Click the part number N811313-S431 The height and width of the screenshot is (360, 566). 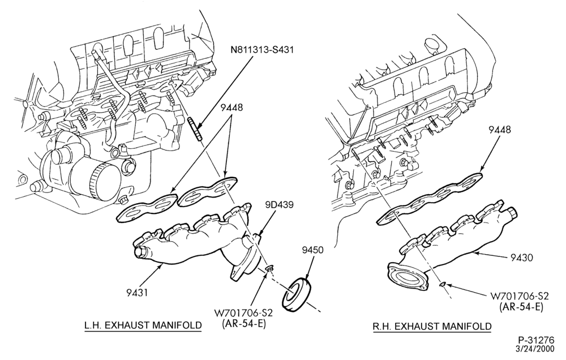point(261,49)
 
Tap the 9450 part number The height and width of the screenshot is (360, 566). point(313,250)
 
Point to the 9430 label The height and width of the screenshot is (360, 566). point(521,257)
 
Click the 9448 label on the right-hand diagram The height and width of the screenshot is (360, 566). point(500,129)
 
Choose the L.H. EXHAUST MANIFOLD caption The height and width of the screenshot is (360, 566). point(143,325)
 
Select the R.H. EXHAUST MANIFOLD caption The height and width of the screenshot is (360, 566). point(432,327)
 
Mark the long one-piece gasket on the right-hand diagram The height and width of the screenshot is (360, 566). point(430,198)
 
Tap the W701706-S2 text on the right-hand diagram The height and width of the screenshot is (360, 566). point(519,296)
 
